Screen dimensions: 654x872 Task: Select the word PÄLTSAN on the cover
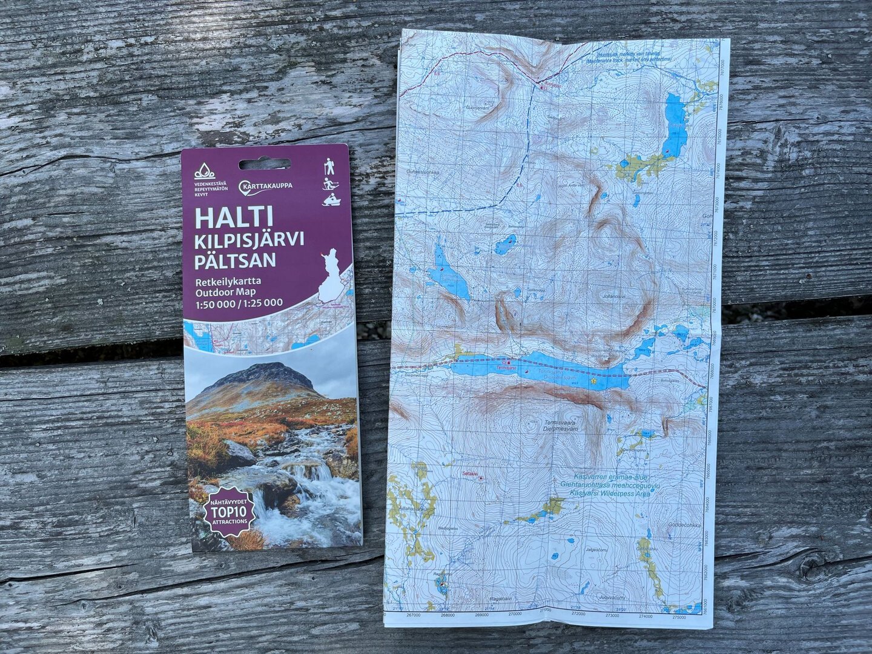coord(235,260)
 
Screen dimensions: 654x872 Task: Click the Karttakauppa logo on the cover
coord(266,185)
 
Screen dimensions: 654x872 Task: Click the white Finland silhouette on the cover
coord(331,276)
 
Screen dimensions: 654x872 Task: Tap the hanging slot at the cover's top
coord(264,164)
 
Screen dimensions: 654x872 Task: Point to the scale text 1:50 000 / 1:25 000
coord(239,303)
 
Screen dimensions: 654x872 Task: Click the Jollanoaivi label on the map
coord(613,296)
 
